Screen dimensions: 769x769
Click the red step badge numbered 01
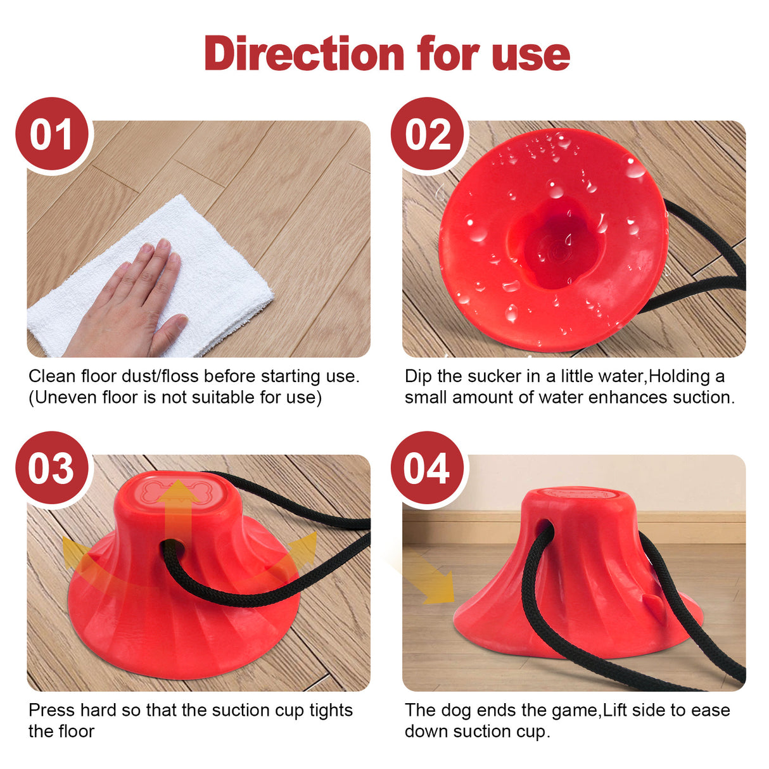[52, 134]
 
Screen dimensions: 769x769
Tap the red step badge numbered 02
[428, 134]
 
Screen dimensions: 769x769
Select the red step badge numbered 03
[52, 468]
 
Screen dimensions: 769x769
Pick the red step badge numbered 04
[428, 468]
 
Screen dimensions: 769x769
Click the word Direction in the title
[304, 54]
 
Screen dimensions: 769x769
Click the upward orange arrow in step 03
[178, 507]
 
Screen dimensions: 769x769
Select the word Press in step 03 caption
[51, 710]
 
